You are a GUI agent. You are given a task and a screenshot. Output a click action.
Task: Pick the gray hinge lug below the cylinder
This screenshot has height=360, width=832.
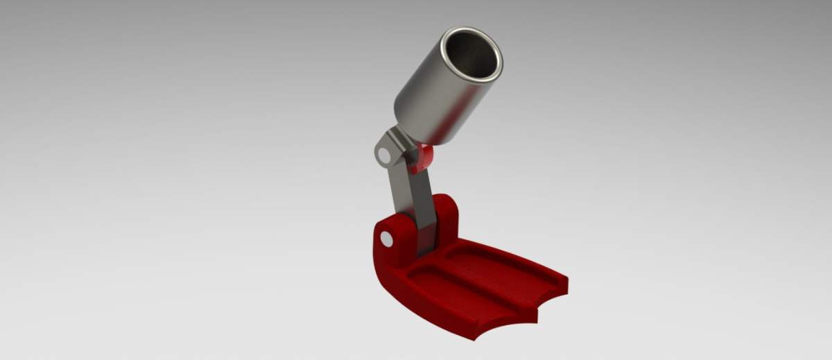(x=388, y=149)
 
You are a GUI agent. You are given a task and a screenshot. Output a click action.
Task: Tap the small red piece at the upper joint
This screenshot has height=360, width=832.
(x=422, y=158)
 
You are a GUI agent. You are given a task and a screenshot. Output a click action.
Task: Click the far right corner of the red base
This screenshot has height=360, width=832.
(x=565, y=281)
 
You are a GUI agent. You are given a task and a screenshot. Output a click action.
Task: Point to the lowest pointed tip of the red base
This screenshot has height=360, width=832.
(x=478, y=339)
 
